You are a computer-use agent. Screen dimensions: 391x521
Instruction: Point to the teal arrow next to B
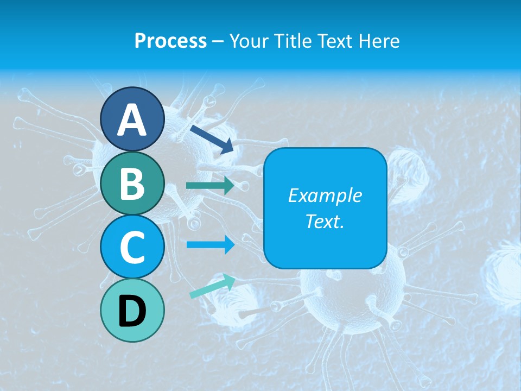pos(210,186)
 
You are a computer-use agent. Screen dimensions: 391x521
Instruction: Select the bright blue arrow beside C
pos(210,245)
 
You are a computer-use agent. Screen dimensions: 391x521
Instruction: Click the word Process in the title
pos(170,41)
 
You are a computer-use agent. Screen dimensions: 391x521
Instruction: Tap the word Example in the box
pos(325,195)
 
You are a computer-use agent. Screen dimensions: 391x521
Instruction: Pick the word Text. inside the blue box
pos(325,221)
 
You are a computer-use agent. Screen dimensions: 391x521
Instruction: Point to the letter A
pos(132,121)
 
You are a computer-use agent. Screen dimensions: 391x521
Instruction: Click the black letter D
pos(132,312)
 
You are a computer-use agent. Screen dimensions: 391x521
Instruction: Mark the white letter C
pos(132,248)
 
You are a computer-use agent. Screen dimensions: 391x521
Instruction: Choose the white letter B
pos(132,184)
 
